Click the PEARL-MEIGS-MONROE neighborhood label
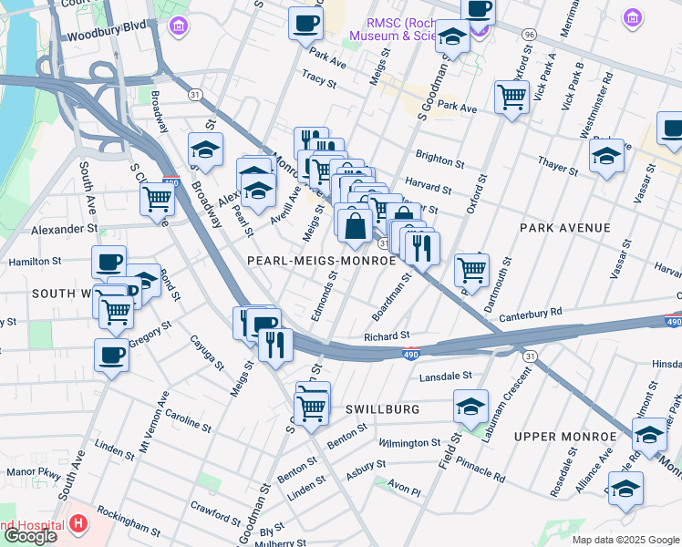pyautogui.click(x=322, y=260)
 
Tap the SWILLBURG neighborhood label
pyautogui.click(x=382, y=409)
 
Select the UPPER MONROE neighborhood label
pyautogui.click(x=560, y=437)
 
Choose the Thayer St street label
pyautogui.click(x=557, y=165)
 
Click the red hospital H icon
pyautogui.click(x=78, y=525)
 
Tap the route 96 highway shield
pyautogui.click(x=529, y=34)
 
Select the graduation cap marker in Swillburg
pyautogui.click(x=470, y=407)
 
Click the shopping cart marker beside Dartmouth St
pyautogui.click(x=471, y=269)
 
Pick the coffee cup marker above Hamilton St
pyautogui.click(x=108, y=263)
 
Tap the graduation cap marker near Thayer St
pyautogui.click(x=606, y=156)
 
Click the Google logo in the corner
pyautogui.click(x=29, y=536)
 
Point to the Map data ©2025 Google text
pyautogui.click(x=625, y=539)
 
